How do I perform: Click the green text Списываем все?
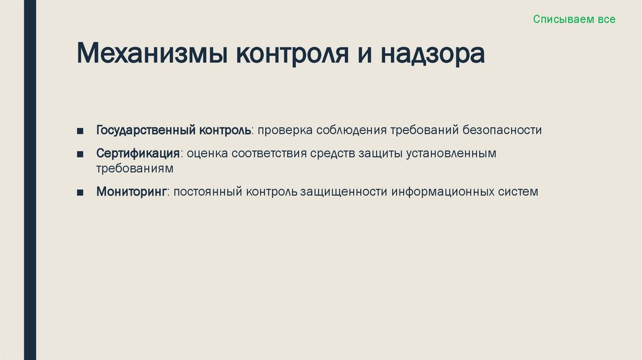tap(574, 19)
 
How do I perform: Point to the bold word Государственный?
tap(146, 130)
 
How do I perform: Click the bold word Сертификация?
tap(138, 154)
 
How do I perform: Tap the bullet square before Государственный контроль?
tap(80, 131)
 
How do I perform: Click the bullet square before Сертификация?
tap(80, 154)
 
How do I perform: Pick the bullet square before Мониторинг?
tap(80, 192)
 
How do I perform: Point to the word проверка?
tap(284, 130)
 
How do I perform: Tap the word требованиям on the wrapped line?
tap(134, 169)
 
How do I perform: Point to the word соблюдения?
tap(351, 130)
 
